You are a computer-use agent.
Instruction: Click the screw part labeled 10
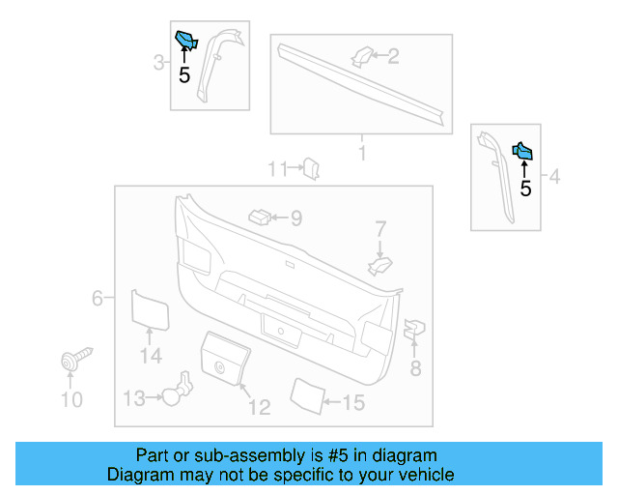tap(72, 361)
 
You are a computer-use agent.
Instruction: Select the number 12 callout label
tap(259, 407)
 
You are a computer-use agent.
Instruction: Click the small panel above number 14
tap(150, 307)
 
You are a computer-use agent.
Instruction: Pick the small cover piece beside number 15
tap(307, 394)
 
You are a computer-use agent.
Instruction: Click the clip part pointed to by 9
tap(259, 216)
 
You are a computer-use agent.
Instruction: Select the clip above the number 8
tap(413, 329)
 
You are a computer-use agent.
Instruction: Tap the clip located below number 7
tap(381, 264)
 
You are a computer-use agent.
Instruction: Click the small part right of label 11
tap(312, 168)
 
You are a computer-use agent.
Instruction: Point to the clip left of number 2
tap(362, 56)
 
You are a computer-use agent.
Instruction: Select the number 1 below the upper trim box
tap(362, 154)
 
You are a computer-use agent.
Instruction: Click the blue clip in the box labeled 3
tap(184, 41)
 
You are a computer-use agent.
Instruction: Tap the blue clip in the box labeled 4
tap(522, 151)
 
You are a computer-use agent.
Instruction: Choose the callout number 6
tap(98, 298)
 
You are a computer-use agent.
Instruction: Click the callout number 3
tap(158, 64)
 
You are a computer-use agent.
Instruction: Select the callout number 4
tap(554, 176)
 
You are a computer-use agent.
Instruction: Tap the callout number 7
tap(380, 229)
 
